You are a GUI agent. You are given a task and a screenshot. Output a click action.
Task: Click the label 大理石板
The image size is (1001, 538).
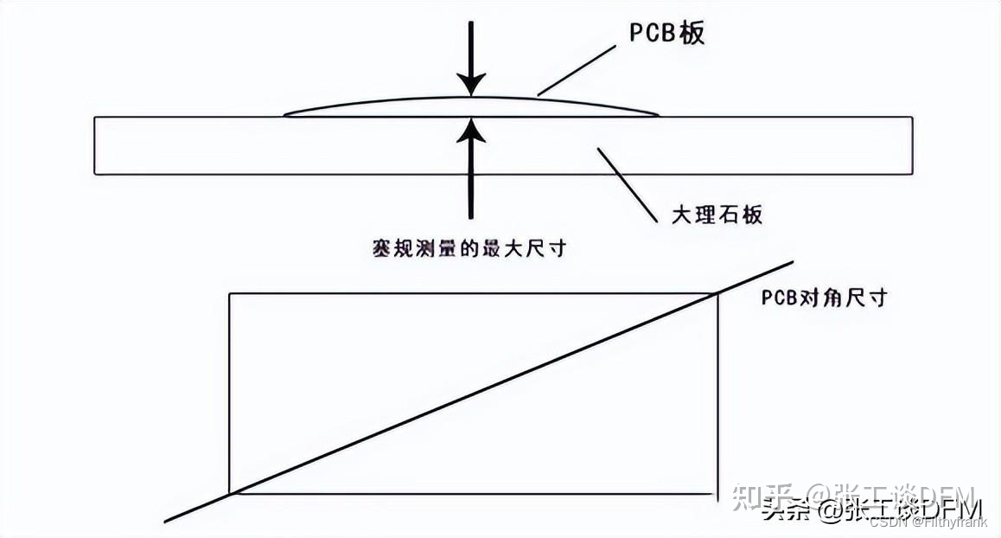717,214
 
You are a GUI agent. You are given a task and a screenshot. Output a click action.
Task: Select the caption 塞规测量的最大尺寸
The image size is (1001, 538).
468,248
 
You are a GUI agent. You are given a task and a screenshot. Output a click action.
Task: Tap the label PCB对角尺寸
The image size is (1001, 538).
824,298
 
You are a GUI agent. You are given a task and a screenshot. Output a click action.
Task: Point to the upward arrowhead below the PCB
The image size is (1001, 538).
470,128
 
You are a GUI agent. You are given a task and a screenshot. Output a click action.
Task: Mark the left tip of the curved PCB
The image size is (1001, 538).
286,114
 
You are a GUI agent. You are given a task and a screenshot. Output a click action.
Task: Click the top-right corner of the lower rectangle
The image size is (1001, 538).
717,295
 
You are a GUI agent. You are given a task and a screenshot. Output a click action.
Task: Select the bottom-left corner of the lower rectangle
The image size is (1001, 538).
229,494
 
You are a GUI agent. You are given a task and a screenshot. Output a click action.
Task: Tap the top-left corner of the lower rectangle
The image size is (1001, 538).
229,295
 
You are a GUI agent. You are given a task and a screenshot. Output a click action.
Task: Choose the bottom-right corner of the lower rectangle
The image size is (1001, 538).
717,494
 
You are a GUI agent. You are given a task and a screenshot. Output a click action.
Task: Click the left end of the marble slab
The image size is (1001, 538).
95,145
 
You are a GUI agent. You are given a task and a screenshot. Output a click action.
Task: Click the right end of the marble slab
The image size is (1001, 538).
912,145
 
